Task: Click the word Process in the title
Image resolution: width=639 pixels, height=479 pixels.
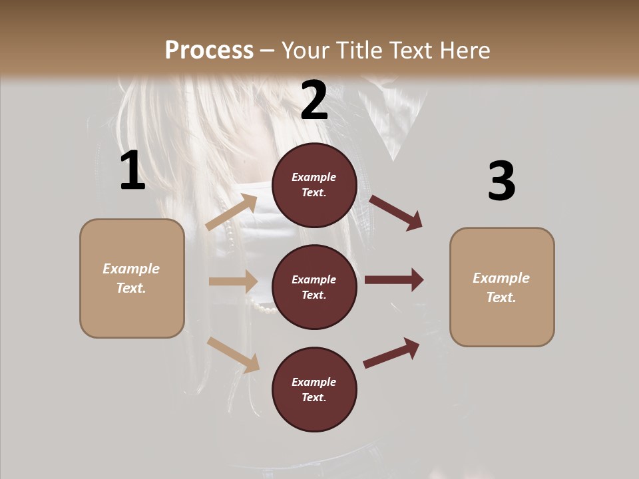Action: tap(209, 51)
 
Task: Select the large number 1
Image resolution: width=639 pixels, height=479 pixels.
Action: tap(132, 171)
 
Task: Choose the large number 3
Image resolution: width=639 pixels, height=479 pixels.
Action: tap(501, 181)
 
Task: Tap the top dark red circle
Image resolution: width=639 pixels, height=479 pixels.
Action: tap(314, 184)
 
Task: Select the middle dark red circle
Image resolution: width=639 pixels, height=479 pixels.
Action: tap(314, 287)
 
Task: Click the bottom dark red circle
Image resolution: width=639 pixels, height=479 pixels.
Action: tap(314, 389)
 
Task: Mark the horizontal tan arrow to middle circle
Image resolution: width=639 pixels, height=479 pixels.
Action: tap(233, 281)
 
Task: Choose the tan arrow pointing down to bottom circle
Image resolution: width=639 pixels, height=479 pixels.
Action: tap(233, 355)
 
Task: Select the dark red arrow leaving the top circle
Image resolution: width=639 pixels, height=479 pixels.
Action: tap(395, 212)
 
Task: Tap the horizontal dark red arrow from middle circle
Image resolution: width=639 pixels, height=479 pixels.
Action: tap(393, 279)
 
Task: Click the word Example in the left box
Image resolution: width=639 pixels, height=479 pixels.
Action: tap(131, 269)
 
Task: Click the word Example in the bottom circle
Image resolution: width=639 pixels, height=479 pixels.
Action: tap(314, 382)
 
